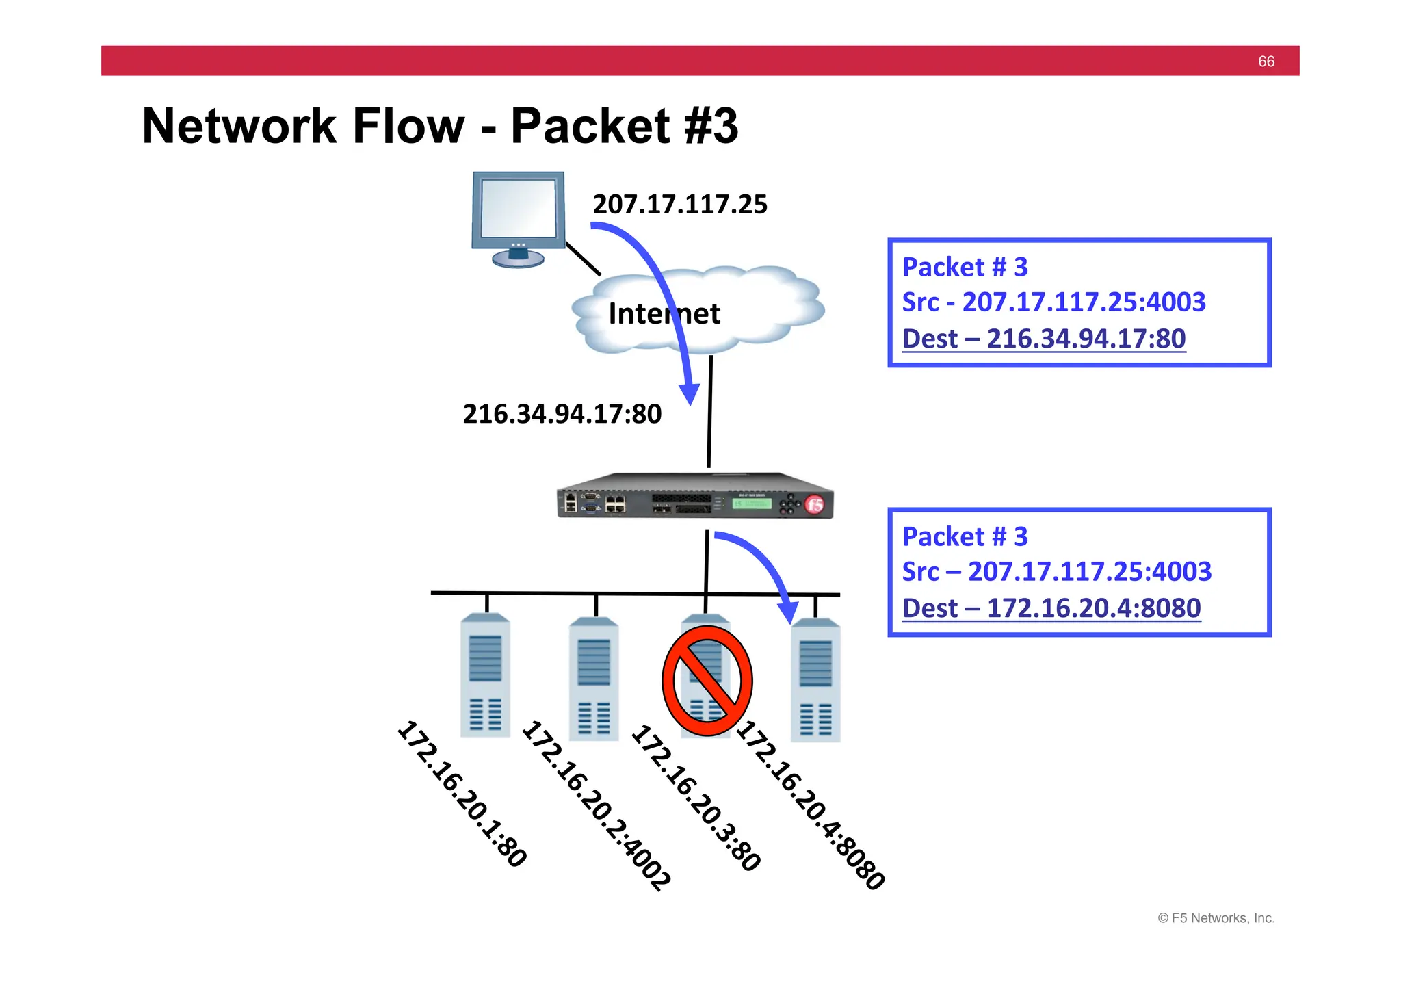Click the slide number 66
point(1266,62)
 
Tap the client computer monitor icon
point(519,216)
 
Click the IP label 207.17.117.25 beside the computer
point(680,205)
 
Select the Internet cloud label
point(664,314)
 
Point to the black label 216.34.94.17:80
point(562,414)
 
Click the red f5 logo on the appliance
point(814,505)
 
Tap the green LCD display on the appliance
point(752,504)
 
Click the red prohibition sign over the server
point(707,681)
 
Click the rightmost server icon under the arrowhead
point(815,681)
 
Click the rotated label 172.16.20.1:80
point(462,794)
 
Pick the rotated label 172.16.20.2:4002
point(597,805)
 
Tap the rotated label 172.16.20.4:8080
point(811,805)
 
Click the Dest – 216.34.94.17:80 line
point(1044,339)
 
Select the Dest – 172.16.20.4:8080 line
point(1051,608)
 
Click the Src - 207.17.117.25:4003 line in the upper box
point(1053,302)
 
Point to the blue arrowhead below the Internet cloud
point(690,394)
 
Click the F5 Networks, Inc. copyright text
point(1216,918)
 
